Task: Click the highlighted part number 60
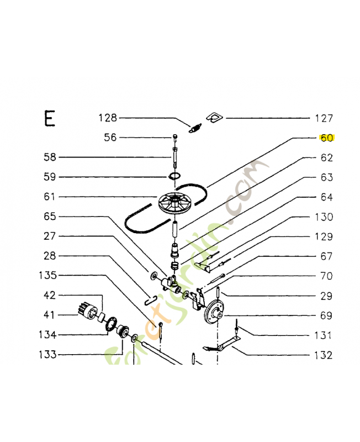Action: pyautogui.click(x=327, y=138)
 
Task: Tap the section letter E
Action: pyautogui.click(x=50, y=119)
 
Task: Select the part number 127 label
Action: pyautogui.click(x=324, y=118)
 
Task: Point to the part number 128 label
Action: pyautogui.click(x=108, y=118)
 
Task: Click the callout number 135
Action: pyautogui.click(x=48, y=275)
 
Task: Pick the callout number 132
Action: pyautogui.click(x=324, y=355)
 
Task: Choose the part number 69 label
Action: pyautogui.click(x=326, y=315)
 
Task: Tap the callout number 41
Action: pyautogui.click(x=49, y=314)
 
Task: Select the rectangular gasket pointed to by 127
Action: pyautogui.click(x=215, y=118)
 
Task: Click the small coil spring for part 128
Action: pyautogui.click(x=195, y=128)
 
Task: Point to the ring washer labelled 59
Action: pyautogui.click(x=174, y=177)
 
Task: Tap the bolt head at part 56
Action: pyautogui.click(x=174, y=136)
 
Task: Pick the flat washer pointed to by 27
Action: pyautogui.click(x=154, y=275)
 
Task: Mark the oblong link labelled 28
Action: pyautogui.click(x=150, y=299)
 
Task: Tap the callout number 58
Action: pyautogui.click(x=50, y=157)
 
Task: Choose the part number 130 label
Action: pyautogui.click(x=324, y=217)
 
